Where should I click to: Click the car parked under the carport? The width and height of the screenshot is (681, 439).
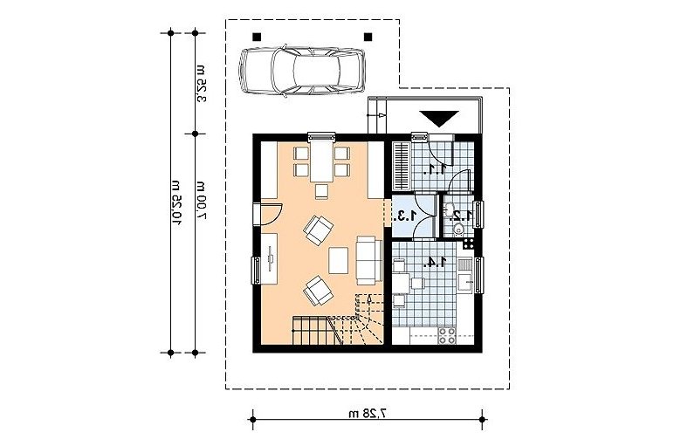click(302, 70)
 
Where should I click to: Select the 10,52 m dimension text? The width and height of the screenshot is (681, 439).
click(176, 202)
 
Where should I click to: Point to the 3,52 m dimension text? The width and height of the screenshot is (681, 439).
click(201, 84)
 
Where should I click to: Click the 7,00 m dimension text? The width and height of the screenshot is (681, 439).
click(201, 200)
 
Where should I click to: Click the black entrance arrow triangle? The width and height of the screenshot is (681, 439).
click(439, 118)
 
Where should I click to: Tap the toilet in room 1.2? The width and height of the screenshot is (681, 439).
click(457, 230)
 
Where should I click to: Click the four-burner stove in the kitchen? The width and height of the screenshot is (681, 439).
click(447, 335)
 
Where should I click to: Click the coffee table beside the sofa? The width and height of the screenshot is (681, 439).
click(339, 260)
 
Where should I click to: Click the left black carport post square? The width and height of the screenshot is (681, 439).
click(257, 37)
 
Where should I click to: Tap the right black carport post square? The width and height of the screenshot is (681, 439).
click(368, 37)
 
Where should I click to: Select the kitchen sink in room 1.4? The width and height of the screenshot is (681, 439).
click(465, 273)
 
